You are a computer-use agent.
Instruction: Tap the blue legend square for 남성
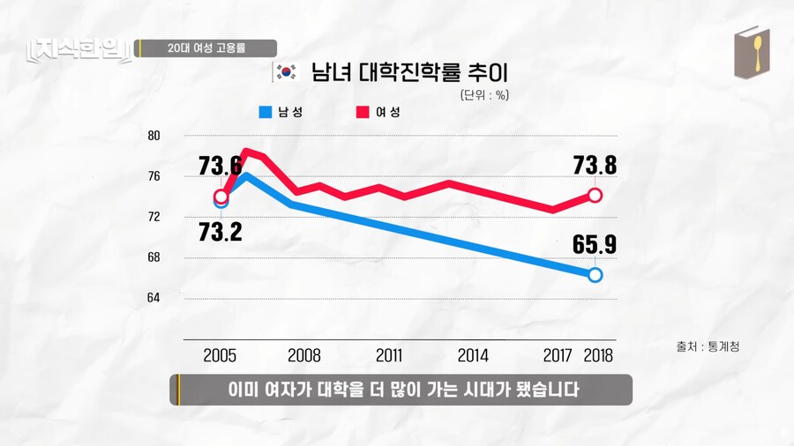coord(265,112)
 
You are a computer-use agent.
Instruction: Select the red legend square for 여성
coord(362,112)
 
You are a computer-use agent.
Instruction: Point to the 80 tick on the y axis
coord(154,136)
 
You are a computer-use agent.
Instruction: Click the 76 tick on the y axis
coord(154,176)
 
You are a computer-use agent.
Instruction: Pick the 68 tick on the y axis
coord(154,257)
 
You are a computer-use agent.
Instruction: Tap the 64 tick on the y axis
coord(154,298)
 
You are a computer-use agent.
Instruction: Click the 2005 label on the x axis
coord(220,356)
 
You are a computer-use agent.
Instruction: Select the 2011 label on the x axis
coord(389,356)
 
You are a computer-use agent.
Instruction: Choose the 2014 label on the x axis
coord(473,356)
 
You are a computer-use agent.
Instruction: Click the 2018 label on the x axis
coord(597,356)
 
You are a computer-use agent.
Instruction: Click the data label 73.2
coord(220,232)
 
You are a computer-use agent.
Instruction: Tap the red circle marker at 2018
coord(595,195)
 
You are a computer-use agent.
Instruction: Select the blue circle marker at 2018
coord(595,275)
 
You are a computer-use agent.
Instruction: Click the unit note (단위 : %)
coord(483,94)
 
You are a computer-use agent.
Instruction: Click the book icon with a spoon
coord(752,53)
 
